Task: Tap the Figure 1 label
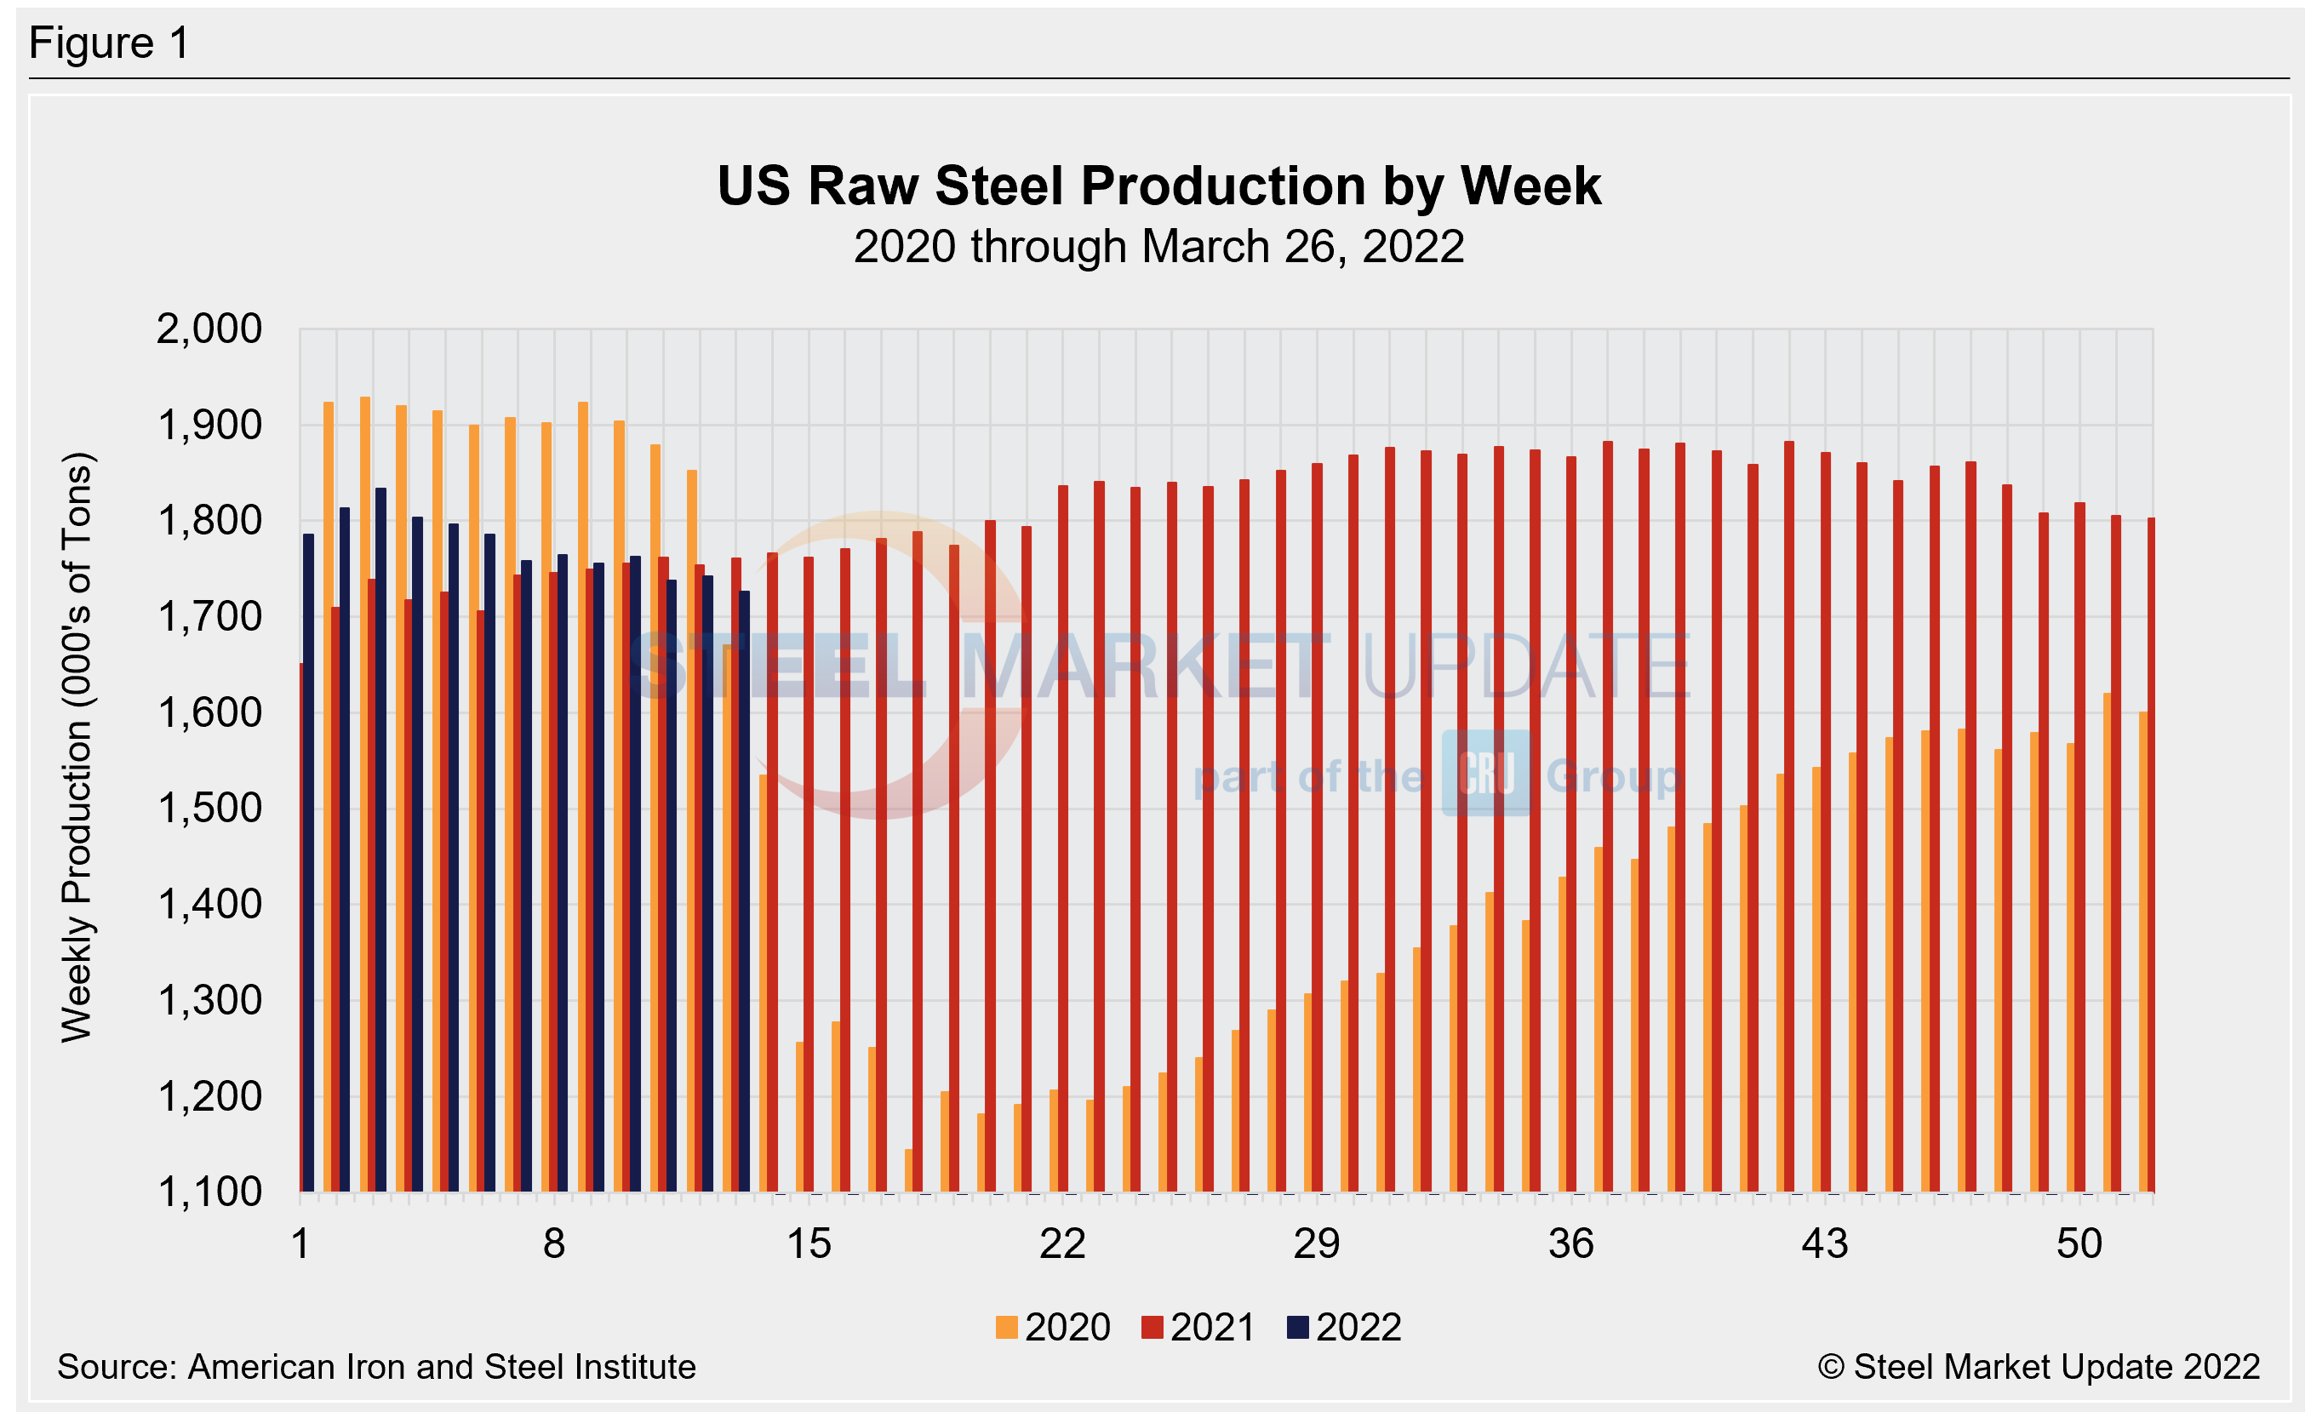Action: click(x=110, y=43)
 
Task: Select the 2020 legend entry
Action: click(x=1054, y=1327)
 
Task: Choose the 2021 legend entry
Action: click(x=1198, y=1327)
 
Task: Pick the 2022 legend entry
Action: click(x=1344, y=1327)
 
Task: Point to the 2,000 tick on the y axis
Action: click(x=209, y=329)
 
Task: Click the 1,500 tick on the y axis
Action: click(x=209, y=808)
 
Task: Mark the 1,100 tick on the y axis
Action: click(x=209, y=1192)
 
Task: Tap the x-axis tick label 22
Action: click(x=1062, y=1243)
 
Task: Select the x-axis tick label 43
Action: click(x=1825, y=1243)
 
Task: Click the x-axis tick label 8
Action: click(x=554, y=1243)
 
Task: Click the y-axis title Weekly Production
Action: click(x=77, y=748)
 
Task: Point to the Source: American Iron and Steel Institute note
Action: click(x=376, y=1367)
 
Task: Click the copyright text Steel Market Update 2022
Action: click(x=2039, y=1367)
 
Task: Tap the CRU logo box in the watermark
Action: click(x=1485, y=774)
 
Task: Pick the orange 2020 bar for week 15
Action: click(x=800, y=1118)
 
